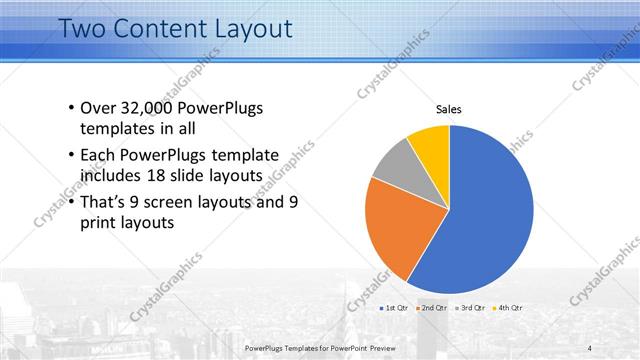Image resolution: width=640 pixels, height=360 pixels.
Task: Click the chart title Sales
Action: (449, 110)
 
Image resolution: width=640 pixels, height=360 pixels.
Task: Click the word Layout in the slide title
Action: (245, 28)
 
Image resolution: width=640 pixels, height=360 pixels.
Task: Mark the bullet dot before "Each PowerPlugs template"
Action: (70, 156)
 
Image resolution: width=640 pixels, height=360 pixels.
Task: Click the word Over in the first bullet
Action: (98, 108)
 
